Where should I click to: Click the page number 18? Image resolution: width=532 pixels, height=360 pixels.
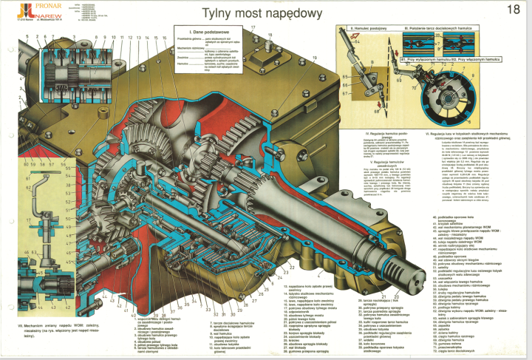click(514, 10)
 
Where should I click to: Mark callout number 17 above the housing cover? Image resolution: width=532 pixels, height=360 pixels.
click(251, 28)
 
